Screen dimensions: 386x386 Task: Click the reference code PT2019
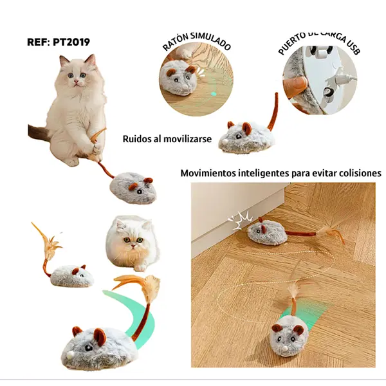pos(71,42)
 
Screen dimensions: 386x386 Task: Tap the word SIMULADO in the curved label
pos(212,41)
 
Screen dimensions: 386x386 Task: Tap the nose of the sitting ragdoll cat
pos(76,81)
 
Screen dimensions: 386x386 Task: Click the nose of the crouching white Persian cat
pos(133,246)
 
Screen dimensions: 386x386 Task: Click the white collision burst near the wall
pos(239,220)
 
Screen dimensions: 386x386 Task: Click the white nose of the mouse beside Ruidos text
pos(225,141)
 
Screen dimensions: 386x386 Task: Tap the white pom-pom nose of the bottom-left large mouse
pos(70,354)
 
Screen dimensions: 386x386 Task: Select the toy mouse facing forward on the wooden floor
pos(289,336)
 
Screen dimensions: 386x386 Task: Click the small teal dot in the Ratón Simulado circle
pos(214,94)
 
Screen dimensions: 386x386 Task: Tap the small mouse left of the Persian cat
pos(71,275)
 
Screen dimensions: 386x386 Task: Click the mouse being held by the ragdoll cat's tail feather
pos(133,188)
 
